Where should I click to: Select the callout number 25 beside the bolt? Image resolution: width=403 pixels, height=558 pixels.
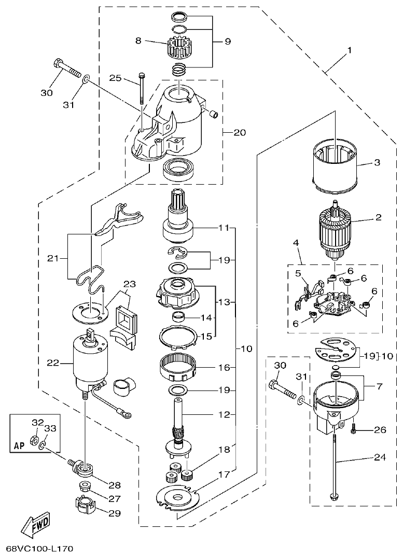pos(115,78)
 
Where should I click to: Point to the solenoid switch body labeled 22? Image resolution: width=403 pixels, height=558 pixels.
pos(91,360)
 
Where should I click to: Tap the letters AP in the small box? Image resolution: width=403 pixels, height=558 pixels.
pos(19,445)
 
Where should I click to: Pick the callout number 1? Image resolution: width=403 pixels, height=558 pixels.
pos(350,50)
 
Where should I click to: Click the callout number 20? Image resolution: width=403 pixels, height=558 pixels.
pos(239,132)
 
